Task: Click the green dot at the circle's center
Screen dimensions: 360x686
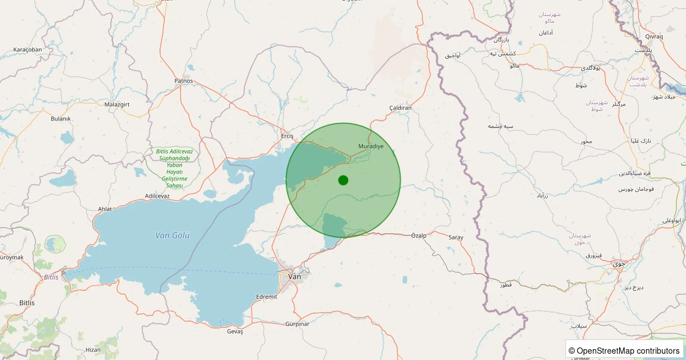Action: pyautogui.click(x=343, y=180)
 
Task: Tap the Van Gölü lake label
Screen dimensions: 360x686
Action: pyautogui.click(x=172, y=235)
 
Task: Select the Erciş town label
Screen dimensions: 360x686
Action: pyautogui.click(x=287, y=136)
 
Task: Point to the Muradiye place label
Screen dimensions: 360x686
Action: pyautogui.click(x=370, y=146)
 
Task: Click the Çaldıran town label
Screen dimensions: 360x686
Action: pyautogui.click(x=400, y=107)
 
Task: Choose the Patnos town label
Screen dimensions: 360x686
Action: pyautogui.click(x=184, y=81)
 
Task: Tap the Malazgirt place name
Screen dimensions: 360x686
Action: pyautogui.click(x=118, y=105)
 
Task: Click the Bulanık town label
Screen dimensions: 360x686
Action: pyautogui.click(x=61, y=118)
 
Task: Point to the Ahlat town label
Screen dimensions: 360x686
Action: pyautogui.click(x=105, y=209)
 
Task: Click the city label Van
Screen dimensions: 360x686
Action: pyautogui.click(x=294, y=277)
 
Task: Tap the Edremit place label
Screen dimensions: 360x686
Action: pyautogui.click(x=267, y=297)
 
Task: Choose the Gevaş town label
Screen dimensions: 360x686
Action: pyautogui.click(x=235, y=331)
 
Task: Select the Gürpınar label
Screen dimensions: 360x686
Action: pyautogui.click(x=297, y=324)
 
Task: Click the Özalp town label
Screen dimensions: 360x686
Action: pyautogui.click(x=419, y=235)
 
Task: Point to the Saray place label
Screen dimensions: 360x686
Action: pyautogui.click(x=456, y=237)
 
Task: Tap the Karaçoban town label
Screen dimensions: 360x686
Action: pyautogui.click(x=27, y=50)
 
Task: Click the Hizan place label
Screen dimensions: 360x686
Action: pyautogui.click(x=93, y=349)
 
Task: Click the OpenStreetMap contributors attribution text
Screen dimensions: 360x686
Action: pyautogui.click(x=624, y=351)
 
